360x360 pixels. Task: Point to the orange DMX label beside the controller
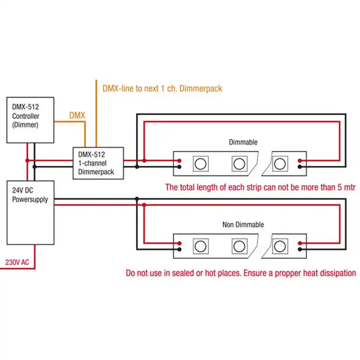click(x=77, y=116)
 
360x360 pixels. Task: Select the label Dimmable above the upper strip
click(x=243, y=142)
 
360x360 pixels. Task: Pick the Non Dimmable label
click(x=243, y=224)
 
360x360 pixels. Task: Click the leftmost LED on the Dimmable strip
click(x=200, y=164)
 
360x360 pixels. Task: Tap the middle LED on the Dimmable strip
click(x=239, y=164)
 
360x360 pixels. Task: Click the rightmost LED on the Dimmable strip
click(x=279, y=164)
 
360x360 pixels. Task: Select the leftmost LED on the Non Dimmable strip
click(x=200, y=245)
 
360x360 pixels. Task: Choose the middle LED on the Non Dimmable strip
click(x=239, y=245)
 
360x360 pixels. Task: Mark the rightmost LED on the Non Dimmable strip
click(x=279, y=245)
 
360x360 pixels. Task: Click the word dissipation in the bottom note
click(x=336, y=273)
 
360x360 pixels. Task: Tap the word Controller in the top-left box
click(x=26, y=116)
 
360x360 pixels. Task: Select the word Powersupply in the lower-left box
click(x=30, y=199)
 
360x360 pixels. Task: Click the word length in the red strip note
click(x=211, y=187)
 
